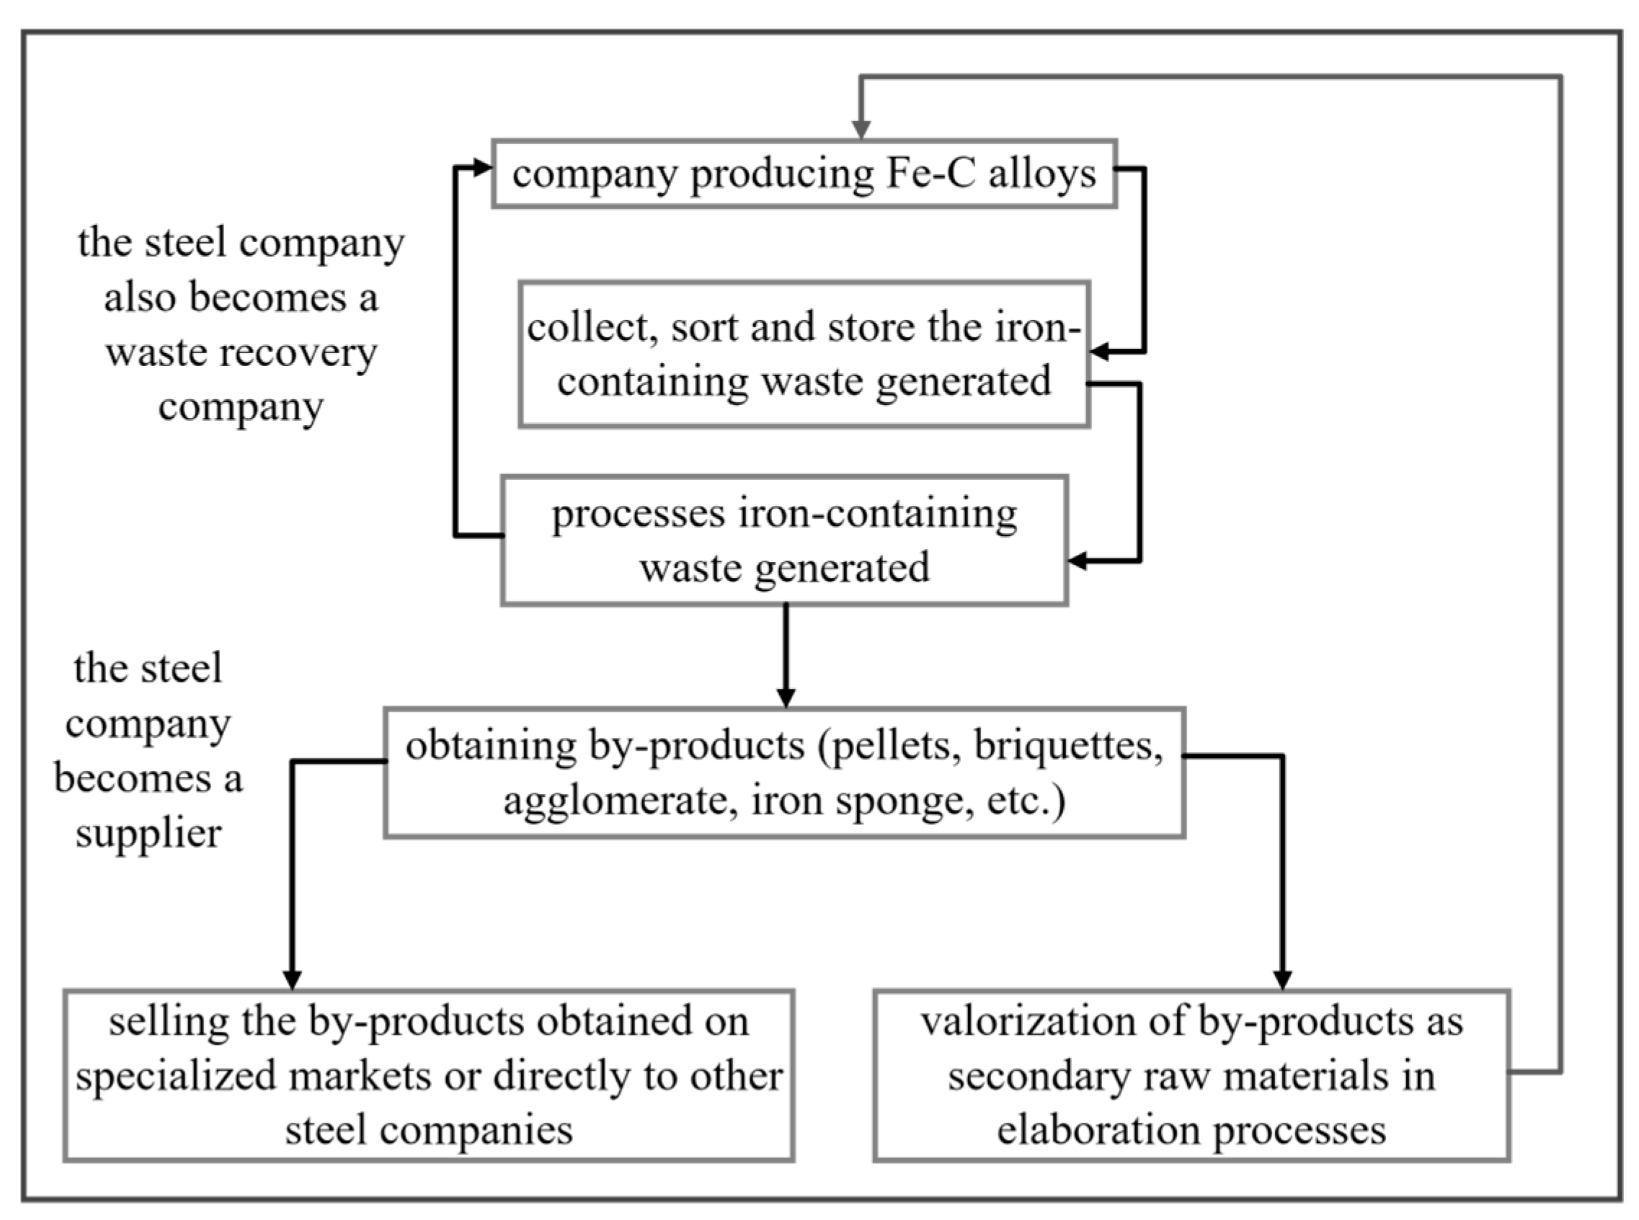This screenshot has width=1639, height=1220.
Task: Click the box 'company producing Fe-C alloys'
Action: tap(804, 174)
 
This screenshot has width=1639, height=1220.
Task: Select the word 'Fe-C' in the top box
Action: tap(929, 174)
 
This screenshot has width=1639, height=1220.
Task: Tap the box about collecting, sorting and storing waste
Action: tap(804, 355)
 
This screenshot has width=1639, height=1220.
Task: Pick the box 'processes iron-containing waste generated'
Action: tap(784, 540)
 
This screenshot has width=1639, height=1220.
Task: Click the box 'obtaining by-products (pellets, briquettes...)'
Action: tap(784, 773)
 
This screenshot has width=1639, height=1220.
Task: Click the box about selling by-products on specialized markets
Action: tap(428, 1075)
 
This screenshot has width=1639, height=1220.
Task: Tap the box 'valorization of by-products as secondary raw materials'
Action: tap(1191, 1075)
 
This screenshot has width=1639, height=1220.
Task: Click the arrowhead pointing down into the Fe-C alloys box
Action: tap(861, 130)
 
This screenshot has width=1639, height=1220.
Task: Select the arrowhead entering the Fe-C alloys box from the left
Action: tap(482, 169)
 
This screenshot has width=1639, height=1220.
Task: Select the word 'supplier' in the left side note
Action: tap(148, 834)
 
